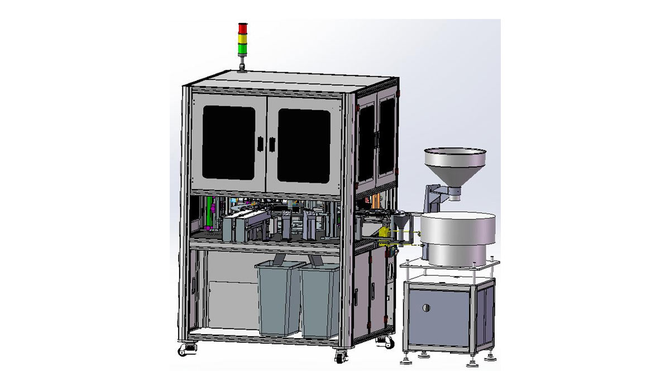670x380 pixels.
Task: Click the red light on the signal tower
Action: (242, 27)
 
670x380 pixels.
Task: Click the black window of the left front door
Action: (228, 143)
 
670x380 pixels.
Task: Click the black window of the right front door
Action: (304, 146)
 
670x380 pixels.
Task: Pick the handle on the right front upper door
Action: (272, 144)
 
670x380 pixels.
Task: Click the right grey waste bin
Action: (320, 302)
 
